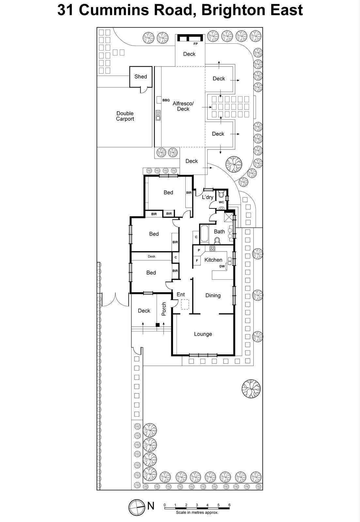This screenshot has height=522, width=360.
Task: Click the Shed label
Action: point(141,76)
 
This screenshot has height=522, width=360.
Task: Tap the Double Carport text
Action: point(125,116)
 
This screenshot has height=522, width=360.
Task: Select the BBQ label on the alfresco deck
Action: point(166,100)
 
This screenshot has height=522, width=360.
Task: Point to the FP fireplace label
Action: point(196,44)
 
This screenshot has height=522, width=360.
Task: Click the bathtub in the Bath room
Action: point(204,234)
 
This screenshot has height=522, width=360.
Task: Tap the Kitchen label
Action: point(213,260)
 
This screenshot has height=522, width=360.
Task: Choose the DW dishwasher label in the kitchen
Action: point(222,266)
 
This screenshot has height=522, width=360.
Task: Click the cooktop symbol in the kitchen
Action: point(212,249)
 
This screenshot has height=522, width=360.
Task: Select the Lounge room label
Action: point(203,334)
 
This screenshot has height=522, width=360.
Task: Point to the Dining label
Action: point(213,295)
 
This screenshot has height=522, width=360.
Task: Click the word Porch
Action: point(164,309)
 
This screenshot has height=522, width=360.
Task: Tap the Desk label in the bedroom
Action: point(151,256)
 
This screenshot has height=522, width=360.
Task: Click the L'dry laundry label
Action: point(208,197)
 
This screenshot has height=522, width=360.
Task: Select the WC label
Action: point(221,202)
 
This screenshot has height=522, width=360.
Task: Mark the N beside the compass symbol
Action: point(151,506)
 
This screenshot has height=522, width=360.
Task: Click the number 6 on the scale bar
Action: point(229,505)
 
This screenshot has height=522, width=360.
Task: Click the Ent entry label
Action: point(180,294)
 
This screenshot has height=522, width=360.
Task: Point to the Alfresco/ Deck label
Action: point(183,106)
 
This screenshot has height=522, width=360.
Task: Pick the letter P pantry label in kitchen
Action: point(199,250)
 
